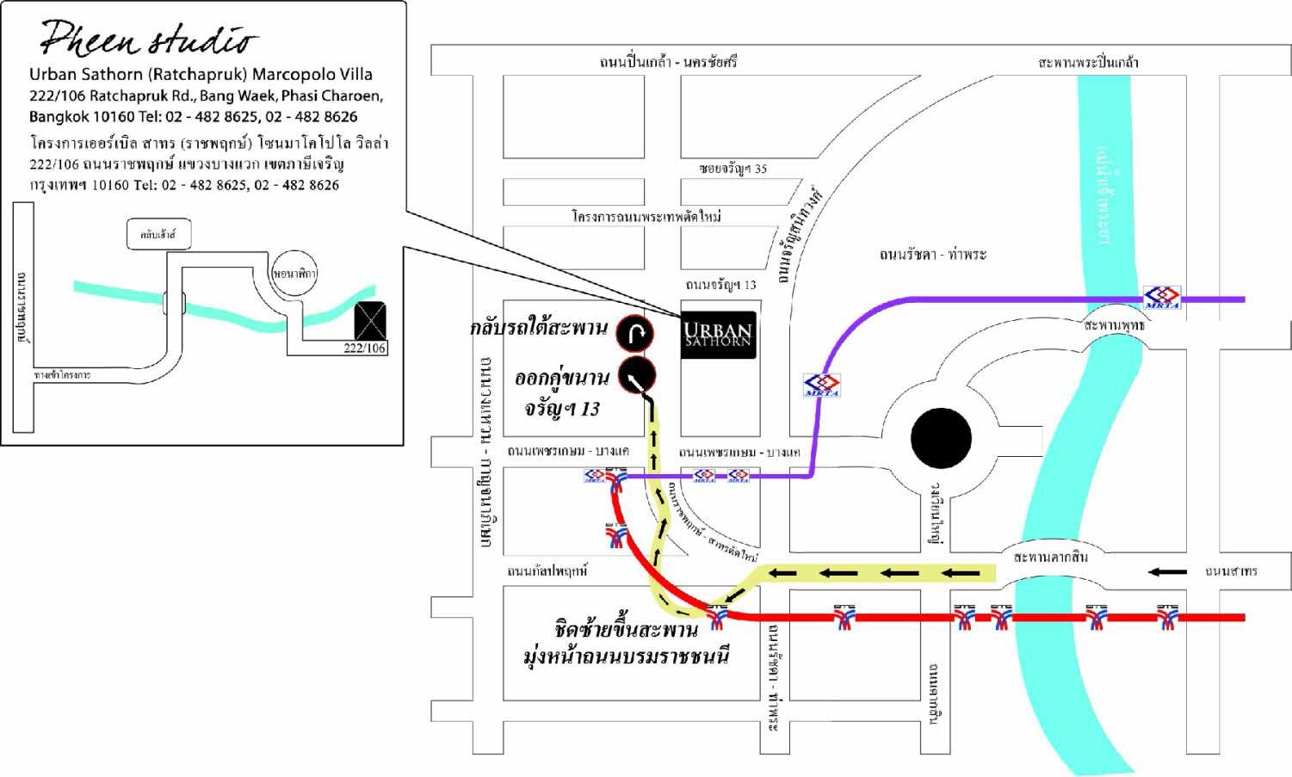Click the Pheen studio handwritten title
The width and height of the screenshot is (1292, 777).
[x=149, y=38]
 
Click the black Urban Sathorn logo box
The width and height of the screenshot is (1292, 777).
[x=719, y=335]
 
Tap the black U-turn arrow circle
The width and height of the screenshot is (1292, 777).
[x=634, y=334]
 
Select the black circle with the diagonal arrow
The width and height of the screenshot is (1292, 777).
[x=636, y=375]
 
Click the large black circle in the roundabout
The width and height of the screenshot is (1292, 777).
[x=941, y=438]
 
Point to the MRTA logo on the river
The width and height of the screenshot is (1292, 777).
[x=1161, y=298]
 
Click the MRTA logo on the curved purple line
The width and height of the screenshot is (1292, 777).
[x=822, y=385]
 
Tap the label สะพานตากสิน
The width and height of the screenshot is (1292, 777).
[x=1050, y=557]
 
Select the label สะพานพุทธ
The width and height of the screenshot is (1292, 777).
[x=1115, y=326]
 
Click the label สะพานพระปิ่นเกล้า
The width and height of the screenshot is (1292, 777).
[x=1088, y=62]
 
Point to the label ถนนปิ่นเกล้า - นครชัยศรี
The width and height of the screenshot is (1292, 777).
[x=668, y=62]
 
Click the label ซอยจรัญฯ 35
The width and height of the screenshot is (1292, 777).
[x=733, y=169]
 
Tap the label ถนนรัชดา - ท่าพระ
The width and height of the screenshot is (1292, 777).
[x=932, y=255]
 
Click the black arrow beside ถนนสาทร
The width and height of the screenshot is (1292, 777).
[x=1168, y=571]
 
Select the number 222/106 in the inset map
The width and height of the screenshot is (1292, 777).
[x=365, y=348]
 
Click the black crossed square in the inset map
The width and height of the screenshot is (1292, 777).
[x=370, y=321]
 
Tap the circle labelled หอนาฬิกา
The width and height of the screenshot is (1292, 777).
[x=294, y=274]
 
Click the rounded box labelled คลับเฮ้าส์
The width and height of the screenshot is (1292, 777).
[x=158, y=234]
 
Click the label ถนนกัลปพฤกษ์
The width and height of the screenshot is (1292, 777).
[x=547, y=570]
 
